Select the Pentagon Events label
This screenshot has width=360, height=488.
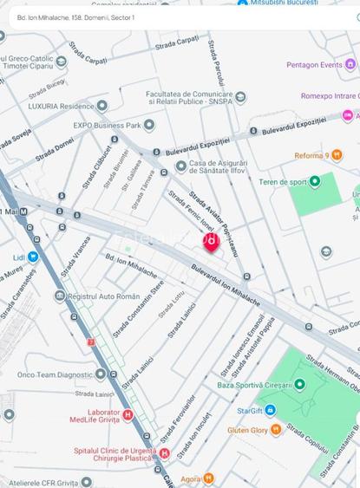pyautogui.click(x=314, y=65)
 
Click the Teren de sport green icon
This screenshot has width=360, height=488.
pyautogui.click(x=314, y=181)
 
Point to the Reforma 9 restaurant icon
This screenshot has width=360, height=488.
pyautogui.click(x=337, y=155)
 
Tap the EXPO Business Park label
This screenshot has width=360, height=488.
pyautogui.click(x=107, y=126)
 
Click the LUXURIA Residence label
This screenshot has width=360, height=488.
pyautogui.click(x=60, y=106)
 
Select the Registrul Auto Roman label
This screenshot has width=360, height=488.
pyautogui.click(x=103, y=296)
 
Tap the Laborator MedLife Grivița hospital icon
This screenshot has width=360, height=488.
pyautogui.click(x=128, y=415)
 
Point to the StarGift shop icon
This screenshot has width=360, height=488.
pyautogui.click(x=270, y=409)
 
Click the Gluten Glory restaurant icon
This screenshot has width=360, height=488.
pyautogui.click(x=276, y=429)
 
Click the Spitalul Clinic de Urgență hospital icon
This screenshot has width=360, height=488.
pyautogui.click(x=164, y=452)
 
